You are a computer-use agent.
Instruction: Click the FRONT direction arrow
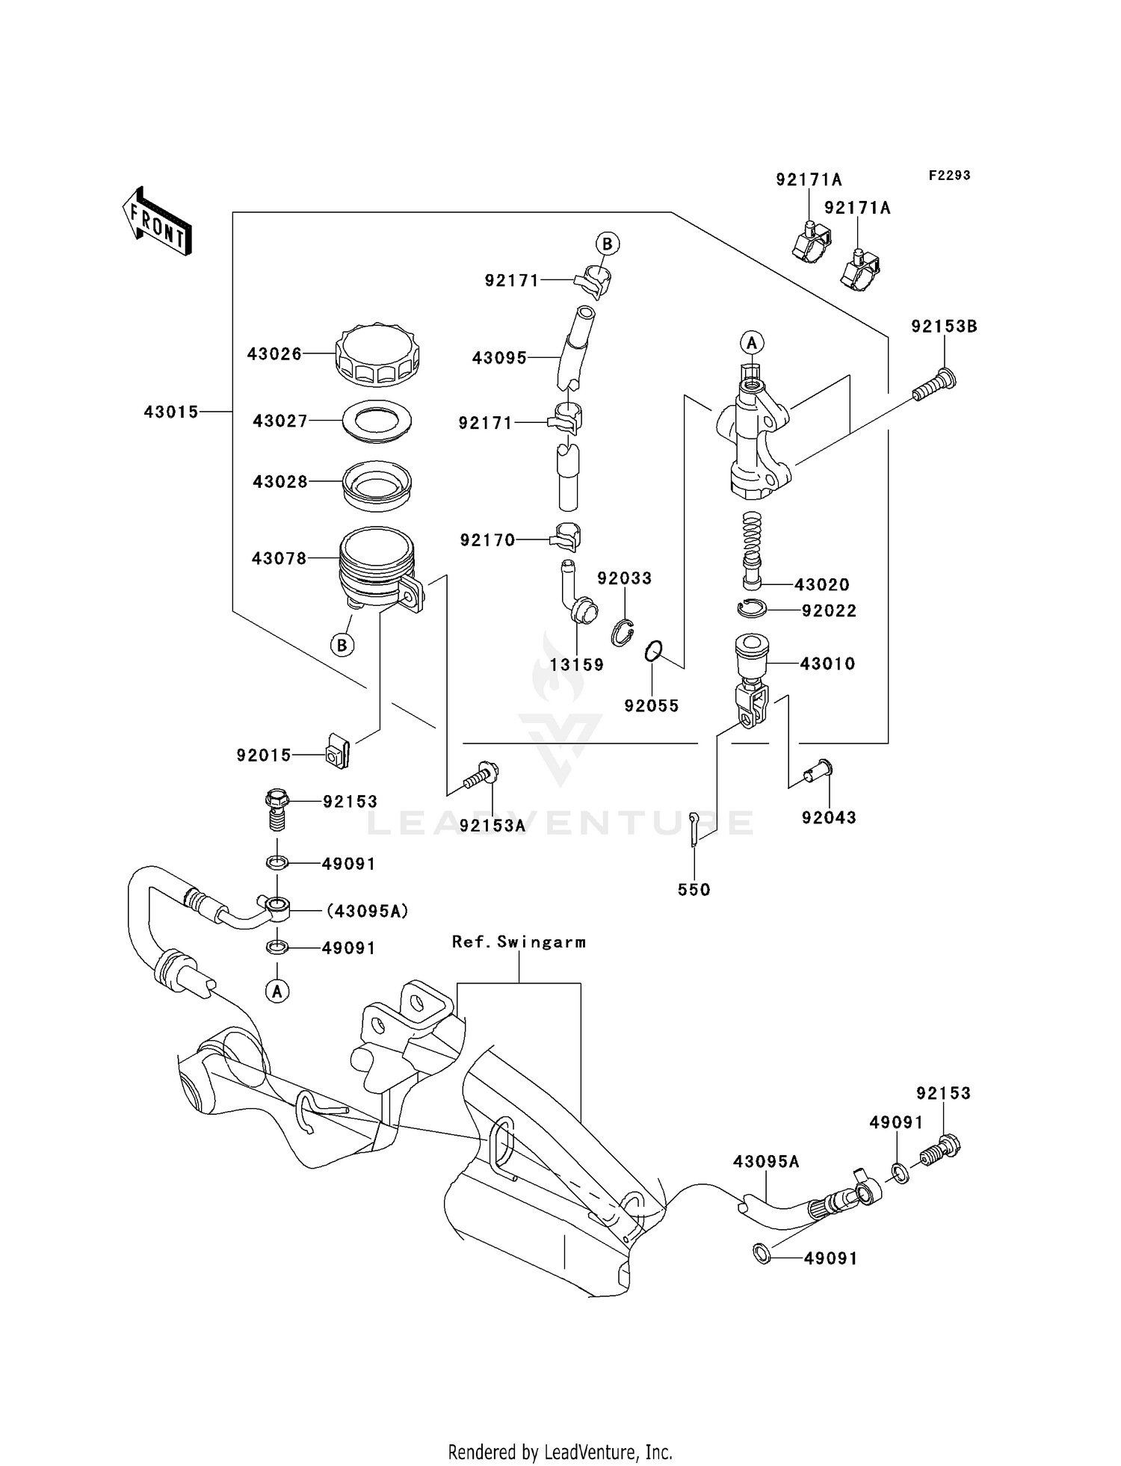[x=157, y=222]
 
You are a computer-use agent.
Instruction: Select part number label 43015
[x=171, y=412]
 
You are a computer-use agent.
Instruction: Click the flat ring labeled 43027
[x=377, y=421]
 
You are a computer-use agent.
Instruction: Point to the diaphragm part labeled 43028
[x=377, y=485]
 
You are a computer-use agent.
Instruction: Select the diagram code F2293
[x=949, y=176]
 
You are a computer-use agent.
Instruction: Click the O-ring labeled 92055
[x=653, y=651]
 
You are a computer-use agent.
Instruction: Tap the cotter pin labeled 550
[x=694, y=829]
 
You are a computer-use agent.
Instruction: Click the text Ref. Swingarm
[x=519, y=942]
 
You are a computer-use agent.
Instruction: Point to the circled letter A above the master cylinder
[x=752, y=343]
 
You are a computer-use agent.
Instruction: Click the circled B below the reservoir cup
[x=342, y=645]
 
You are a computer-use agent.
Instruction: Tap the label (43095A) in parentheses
[x=367, y=911]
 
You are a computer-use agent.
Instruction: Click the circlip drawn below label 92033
[x=623, y=634]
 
